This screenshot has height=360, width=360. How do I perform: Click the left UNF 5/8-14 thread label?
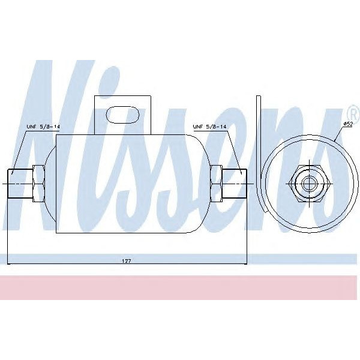(43, 127)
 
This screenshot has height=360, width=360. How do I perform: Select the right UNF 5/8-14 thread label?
(210, 127)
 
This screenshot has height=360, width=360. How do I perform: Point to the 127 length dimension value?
(126, 261)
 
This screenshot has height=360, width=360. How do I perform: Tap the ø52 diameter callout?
(347, 124)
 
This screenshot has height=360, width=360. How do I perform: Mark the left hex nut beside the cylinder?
(38, 182)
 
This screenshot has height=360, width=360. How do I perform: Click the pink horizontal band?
(180, 288)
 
